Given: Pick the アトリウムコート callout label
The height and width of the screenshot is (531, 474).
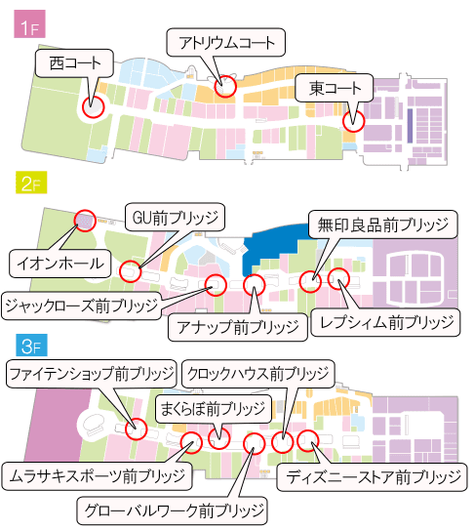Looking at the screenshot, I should point(226,42).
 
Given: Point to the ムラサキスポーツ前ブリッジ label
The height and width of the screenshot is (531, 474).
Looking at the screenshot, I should point(96,476).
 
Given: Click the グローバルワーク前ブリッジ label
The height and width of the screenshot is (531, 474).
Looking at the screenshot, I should point(173,510).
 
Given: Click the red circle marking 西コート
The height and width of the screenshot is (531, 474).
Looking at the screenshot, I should point(93,106).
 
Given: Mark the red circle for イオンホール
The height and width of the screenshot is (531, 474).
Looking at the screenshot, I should point(83,223).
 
